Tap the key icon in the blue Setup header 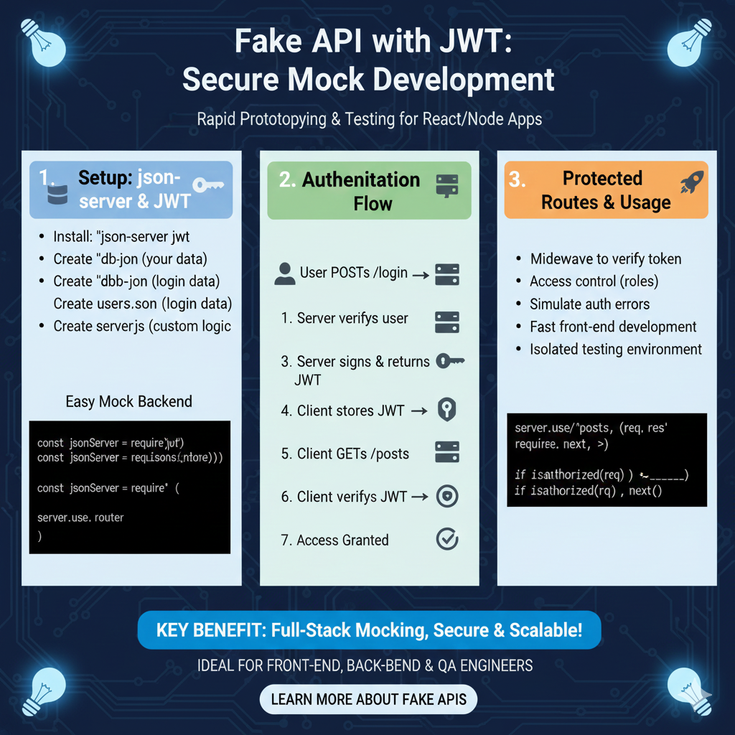pyautogui.click(x=209, y=184)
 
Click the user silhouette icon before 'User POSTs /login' pyautogui.click(x=284, y=273)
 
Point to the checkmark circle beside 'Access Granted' pyautogui.click(x=447, y=539)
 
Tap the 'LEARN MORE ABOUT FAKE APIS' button pyautogui.click(x=368, y=699)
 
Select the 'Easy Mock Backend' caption pyautogui.click(x=128, y=401)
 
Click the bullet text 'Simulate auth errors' pyautogui.click(x=589, y=304)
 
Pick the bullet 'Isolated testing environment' pyautogui.click(x=616, y=350)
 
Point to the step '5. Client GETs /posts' pyautogui.click(x=345, y=454)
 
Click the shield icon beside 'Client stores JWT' pyautogui.click(x=447, y=411)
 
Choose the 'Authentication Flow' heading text pyautogui.click(x=361, y=191)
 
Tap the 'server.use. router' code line pyautogui.click(x=80, y=517)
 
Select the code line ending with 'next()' pyautogui.click(x=589, y=491)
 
